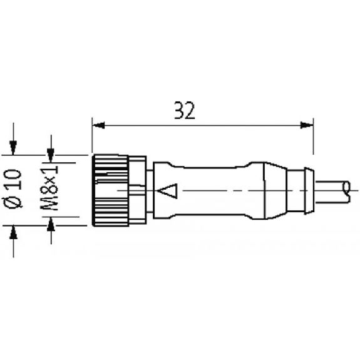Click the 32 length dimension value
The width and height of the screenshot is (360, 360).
click(x=185, y=110)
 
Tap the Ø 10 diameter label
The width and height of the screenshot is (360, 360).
click(x=13, y=188)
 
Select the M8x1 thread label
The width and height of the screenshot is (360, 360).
click(x=49, y=188)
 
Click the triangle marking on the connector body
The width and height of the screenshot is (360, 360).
click(x=168, y=191)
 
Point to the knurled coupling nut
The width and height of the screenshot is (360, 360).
click(x=110, y=190)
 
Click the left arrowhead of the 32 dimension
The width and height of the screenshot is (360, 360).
click(x=98, y=125)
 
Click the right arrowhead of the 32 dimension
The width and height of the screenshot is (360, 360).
click(x=307, y=125)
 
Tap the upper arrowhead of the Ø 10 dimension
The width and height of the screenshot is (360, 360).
click(x=13, y=148)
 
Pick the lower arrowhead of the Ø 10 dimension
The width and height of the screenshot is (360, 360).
click(x=13, y=232)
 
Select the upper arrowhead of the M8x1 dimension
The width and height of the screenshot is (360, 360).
click(x=51, y=155)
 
